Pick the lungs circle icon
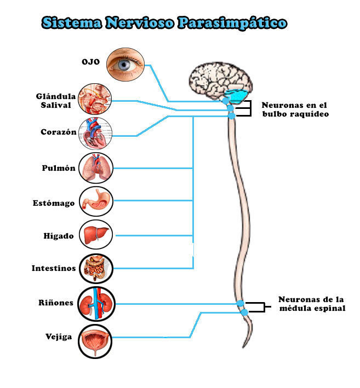[95, 168]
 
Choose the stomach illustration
[95, 201]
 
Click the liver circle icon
[95, 235]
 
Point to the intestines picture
[95, 269]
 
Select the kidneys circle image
[95, 303]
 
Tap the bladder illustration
[95, 337]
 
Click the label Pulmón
[58, 169]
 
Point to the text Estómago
[53, 204]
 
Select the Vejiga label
[58, 337]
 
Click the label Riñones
[56, 303]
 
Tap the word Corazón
[58, 132]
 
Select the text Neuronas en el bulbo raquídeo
[294, 109]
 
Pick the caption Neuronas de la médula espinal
[311, 304]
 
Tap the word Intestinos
[53, 269]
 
